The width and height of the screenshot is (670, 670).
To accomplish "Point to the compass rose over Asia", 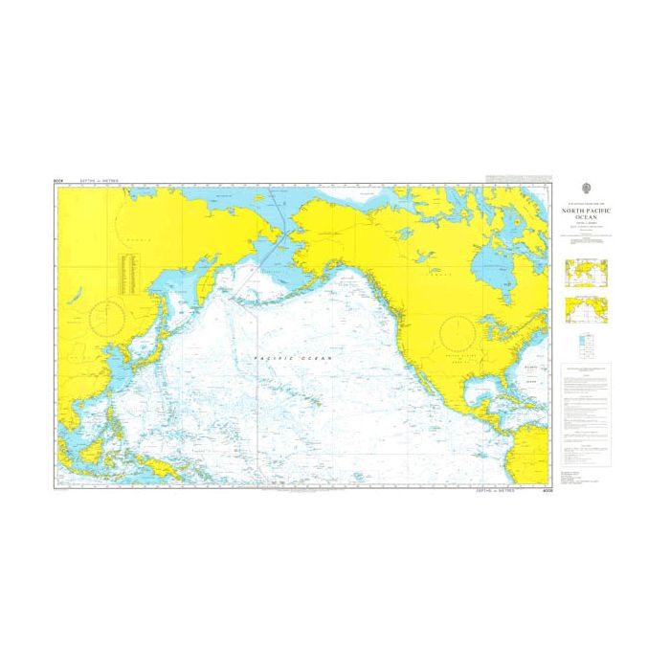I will coord(107,316).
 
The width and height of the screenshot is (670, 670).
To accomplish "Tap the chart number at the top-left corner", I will coord(59,180).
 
